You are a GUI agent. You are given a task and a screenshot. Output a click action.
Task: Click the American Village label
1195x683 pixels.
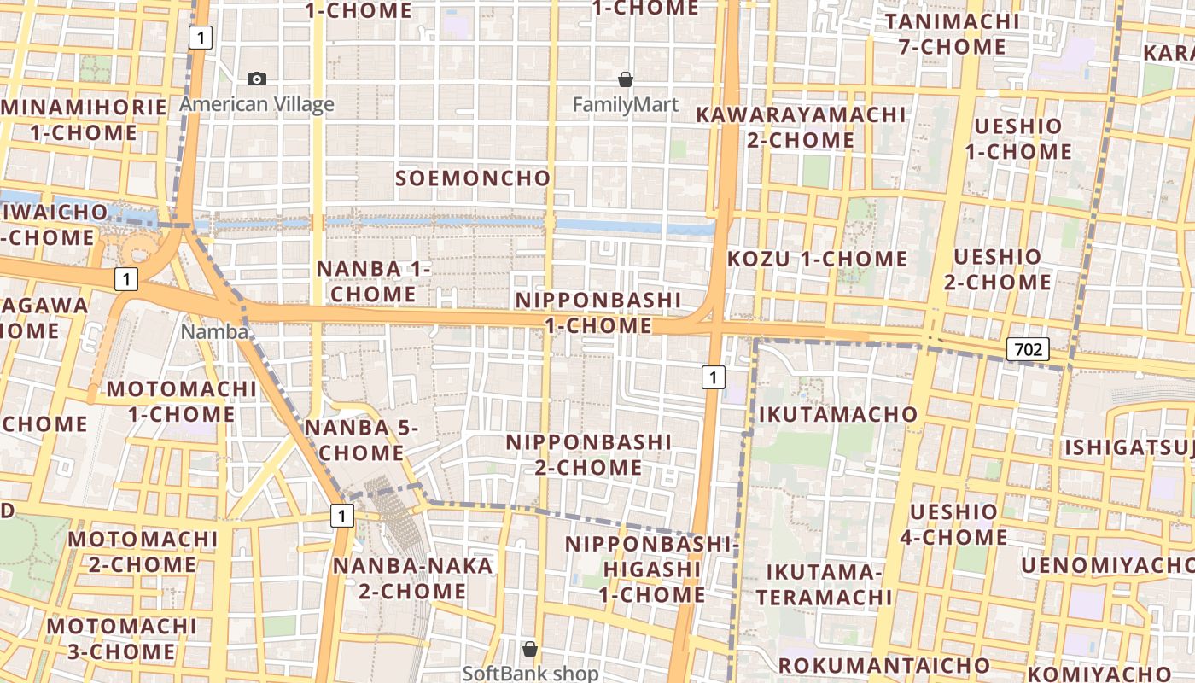coord(257,105)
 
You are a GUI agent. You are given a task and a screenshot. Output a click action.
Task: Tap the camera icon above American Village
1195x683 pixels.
coord(257,79)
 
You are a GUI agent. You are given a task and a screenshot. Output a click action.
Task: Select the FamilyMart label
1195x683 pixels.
coord(626,105)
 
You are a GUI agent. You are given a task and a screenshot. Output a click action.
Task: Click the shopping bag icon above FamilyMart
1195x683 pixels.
coord(626,79)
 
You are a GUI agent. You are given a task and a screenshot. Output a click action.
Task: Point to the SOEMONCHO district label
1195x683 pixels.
coord(473,178)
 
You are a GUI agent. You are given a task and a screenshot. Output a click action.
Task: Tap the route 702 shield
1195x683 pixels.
coord(1029,348)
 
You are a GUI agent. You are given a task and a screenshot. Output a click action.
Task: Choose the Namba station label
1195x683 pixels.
coord(214,332)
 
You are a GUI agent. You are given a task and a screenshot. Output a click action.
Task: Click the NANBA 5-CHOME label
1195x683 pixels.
coord(361,440)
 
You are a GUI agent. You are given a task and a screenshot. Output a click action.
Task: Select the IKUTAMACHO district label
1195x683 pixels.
coord(838,415)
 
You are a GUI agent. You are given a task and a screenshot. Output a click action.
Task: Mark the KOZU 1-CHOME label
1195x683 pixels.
coord(817,259)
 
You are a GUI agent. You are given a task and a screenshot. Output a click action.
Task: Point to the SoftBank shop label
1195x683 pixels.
coord(530,673)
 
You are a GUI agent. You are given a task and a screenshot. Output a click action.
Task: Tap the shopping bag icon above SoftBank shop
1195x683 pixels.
coord(530,649)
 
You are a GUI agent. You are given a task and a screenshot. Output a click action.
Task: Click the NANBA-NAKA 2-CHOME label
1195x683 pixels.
coord(412,578)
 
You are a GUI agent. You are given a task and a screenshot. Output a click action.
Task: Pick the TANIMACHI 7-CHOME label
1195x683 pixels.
coord(952,34)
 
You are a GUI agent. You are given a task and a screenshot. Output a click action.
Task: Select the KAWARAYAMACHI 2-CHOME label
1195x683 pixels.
coord(801,126)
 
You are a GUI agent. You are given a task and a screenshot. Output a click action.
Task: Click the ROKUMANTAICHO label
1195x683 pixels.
coord(883,665)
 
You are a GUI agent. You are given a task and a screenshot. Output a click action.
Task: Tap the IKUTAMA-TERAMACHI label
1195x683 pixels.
coord(823,584)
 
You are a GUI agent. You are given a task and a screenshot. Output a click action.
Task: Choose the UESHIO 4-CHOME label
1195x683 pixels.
coord(953,524)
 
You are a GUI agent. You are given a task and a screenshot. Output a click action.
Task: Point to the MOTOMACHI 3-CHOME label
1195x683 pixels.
coord(122,639)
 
